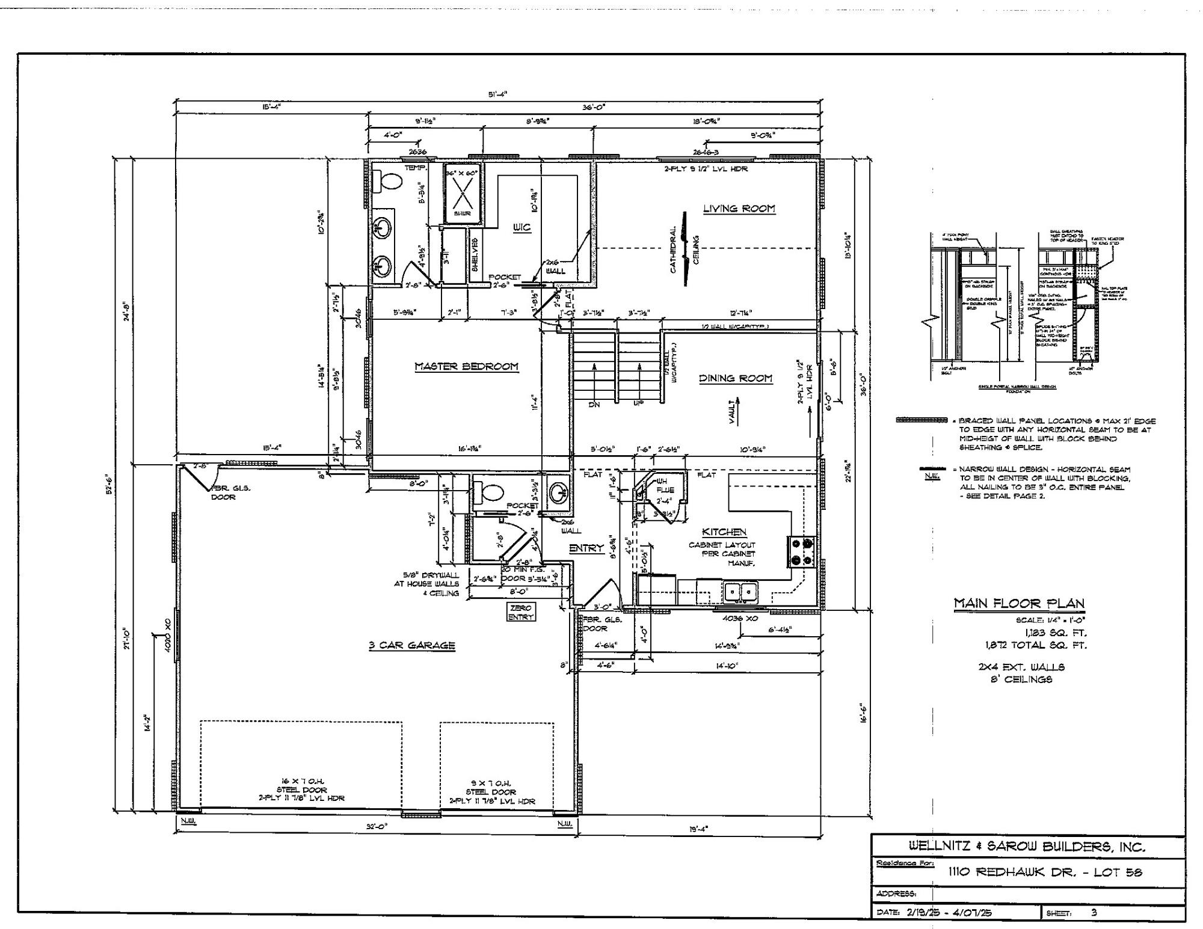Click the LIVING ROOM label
click(739, 209)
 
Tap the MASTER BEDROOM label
click(466, 366)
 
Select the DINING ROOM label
click(735, 378)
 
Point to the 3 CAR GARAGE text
click(411, 646)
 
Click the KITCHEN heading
click(724, 532)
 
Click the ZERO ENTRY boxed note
click(520, 613)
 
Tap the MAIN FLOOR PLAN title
click(1019, 603)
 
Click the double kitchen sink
click(740, 592)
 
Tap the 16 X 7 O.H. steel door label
click(301, 789)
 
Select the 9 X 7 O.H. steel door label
click(491, 792)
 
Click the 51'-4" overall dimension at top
click(497, 94)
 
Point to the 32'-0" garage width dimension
click(377, 827)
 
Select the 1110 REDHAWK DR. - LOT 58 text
click(1045, 872)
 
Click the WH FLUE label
click(662, 485)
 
